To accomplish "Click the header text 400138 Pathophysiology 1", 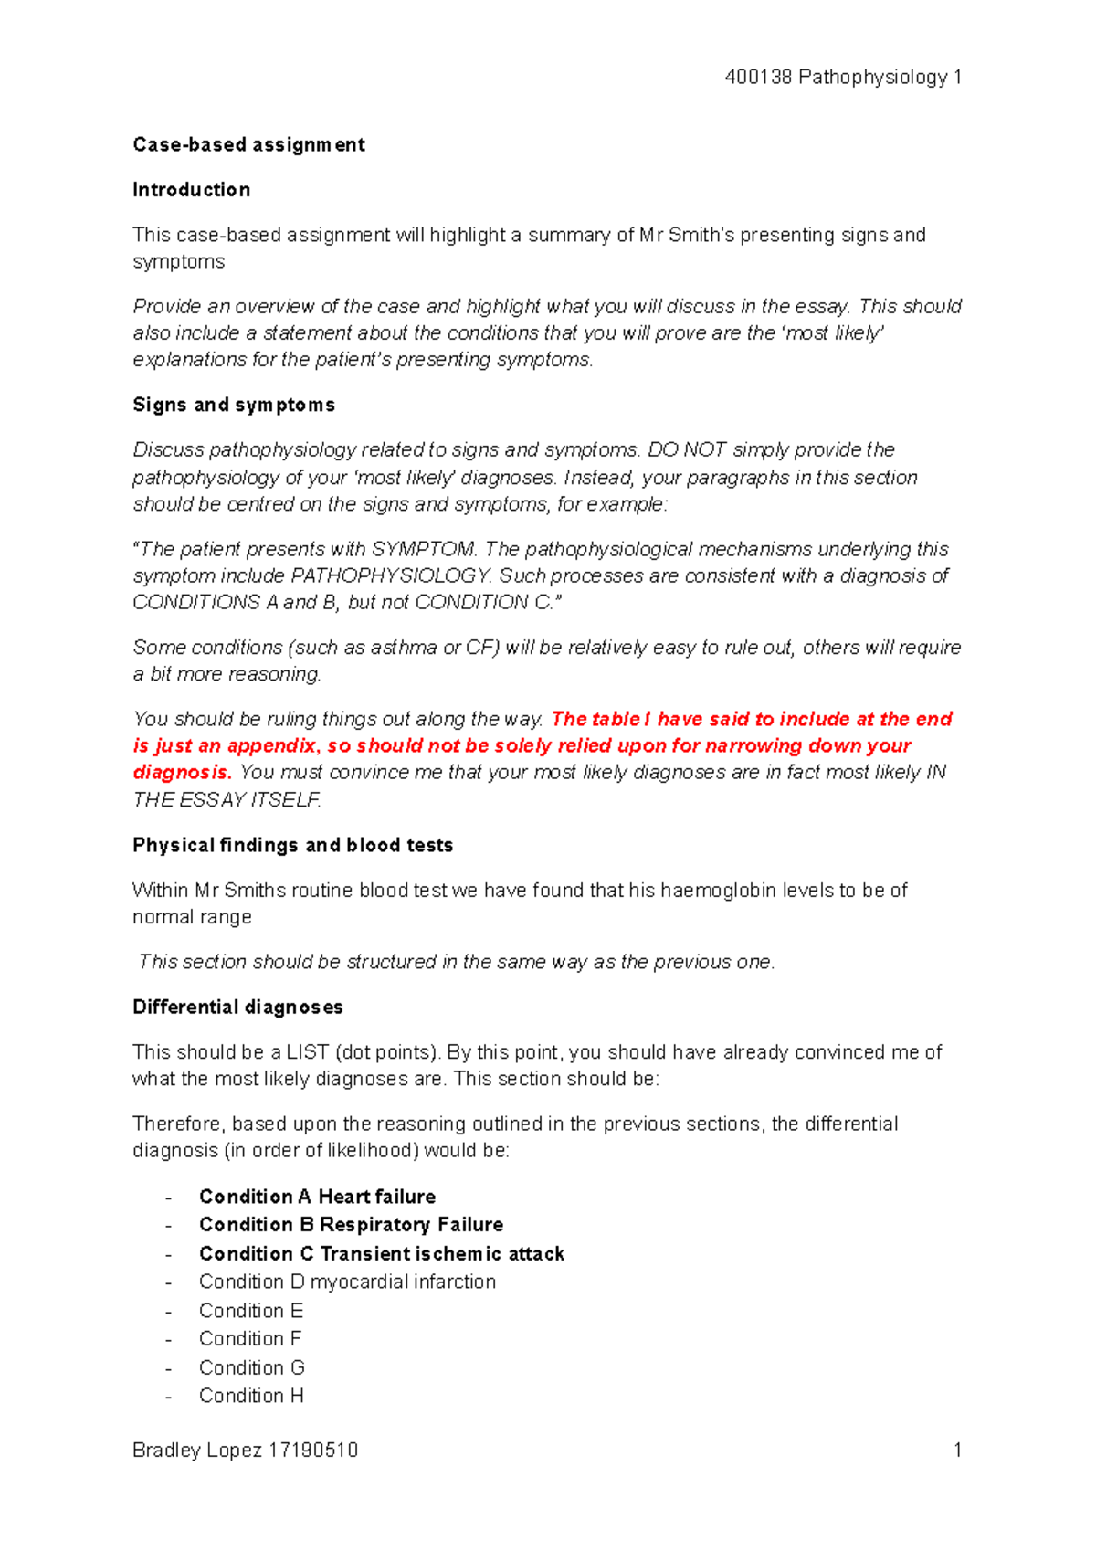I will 843,78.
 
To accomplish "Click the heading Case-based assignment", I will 248,144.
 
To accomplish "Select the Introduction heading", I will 191,190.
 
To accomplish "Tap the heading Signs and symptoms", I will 234,405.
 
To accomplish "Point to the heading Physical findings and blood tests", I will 292,845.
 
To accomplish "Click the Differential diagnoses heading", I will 237,1007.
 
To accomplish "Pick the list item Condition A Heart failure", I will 317,1197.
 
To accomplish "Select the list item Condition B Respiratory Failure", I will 351,1224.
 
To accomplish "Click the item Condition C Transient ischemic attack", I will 382,1253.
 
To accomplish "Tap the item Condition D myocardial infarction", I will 347,1282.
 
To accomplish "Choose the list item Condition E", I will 251,1311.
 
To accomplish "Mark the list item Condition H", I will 251,1396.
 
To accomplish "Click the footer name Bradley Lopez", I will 196,1450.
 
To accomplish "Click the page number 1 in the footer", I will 957,1450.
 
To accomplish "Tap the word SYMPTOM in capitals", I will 423,549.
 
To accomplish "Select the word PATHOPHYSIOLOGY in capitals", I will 390,575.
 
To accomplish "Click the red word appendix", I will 271,745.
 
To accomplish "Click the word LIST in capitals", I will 307,1052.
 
